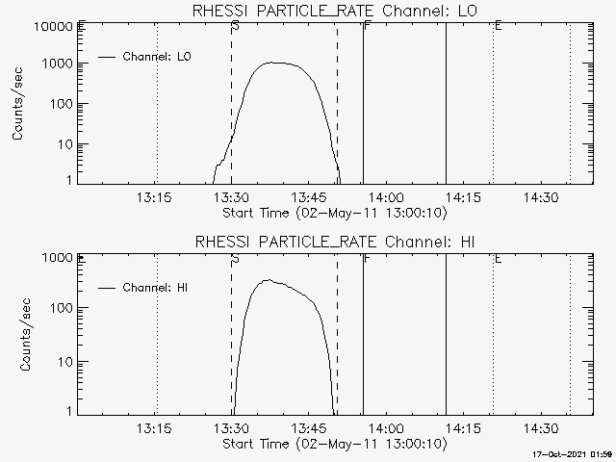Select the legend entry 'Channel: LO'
coord(158,57)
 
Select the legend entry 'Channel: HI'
coord(160,288)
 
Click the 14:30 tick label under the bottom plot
coord(541,428)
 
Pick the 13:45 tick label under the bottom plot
coord(310,428)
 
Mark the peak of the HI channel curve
coord(269,280)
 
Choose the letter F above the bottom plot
coord(367,259)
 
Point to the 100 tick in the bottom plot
coord(61,308)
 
